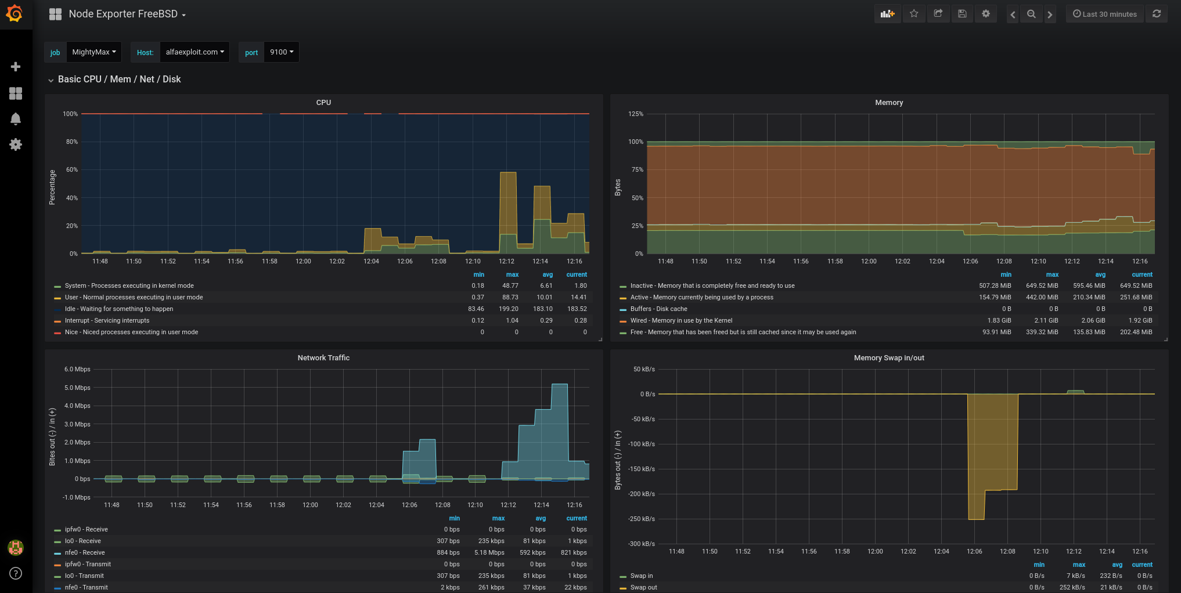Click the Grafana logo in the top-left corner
[x=14, y=14]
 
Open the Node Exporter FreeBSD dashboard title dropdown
[x=127, y=14]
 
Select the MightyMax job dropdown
[x=93, y=52]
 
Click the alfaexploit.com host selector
[x=195, y=52]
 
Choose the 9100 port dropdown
[x=281, y=52]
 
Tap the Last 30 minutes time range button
[x=1104, y=14]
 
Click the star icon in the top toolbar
[x=914, y=14]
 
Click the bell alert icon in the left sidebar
[x=16, y=119]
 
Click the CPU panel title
[x=323, y=103]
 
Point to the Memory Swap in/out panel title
[x=888, y=358]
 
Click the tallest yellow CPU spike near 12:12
[x=508, y=203]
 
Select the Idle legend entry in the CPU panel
[x=118, y=309]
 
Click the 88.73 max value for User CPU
[x=510, y=297]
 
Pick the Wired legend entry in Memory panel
[x=680, y=320]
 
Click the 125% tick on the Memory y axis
[x=636, y=114]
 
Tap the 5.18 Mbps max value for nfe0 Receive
[x=489, y=552]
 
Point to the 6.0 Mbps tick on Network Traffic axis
[x=77, y=370]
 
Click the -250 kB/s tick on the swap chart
[x=641, y=519]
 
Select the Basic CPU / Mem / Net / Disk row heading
[x=119, y=79]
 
